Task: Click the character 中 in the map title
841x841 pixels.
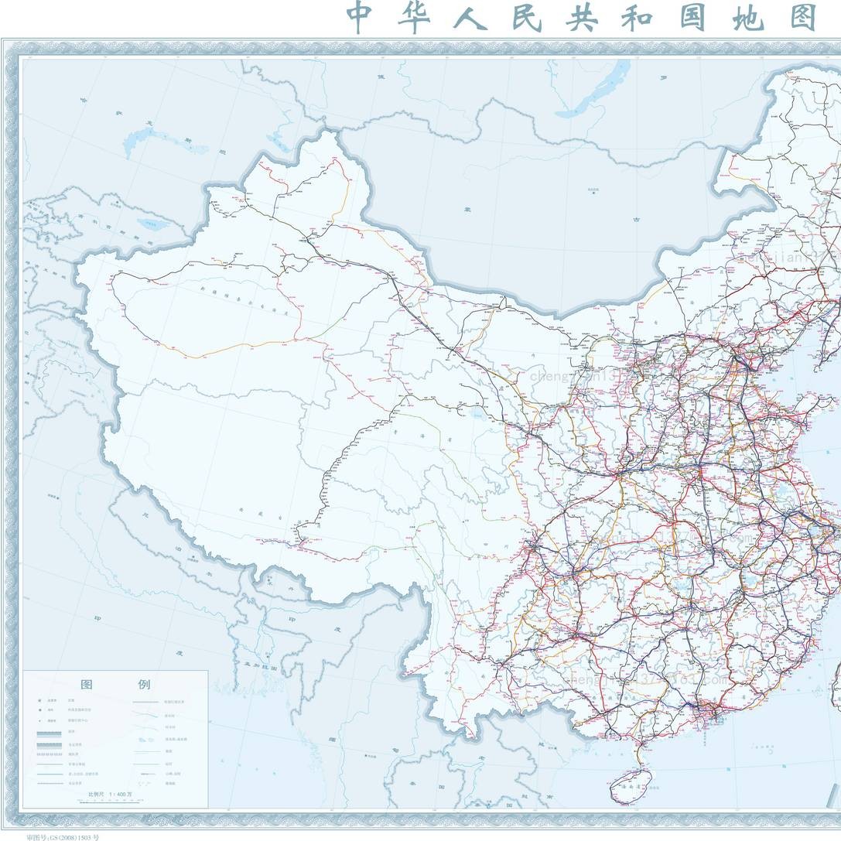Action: click(361, 17)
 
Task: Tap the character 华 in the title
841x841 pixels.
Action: click(415, 17)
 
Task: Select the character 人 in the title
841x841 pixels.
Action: click(470, 17)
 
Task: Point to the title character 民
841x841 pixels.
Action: click(526, 17)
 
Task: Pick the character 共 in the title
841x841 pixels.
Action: click(582, 17)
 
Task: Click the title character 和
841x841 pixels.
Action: click(638, 17)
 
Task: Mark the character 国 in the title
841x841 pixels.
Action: click(692, 17)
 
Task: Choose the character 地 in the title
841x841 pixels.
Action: click(747, 17)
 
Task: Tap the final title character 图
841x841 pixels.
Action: click(803, 17)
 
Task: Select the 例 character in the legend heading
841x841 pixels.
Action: click(145, 685)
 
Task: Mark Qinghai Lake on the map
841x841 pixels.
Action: click(473, 418)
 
